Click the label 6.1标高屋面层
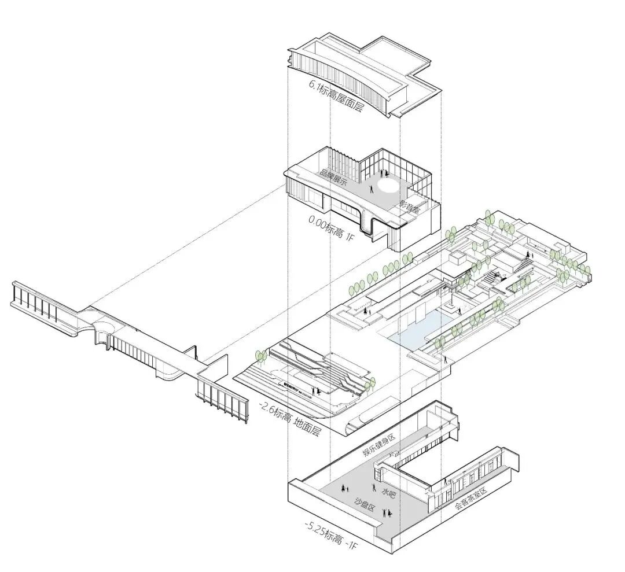point(336,95)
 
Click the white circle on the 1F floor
point(388,185)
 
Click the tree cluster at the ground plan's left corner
point(261,357)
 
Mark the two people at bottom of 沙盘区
point(387,512)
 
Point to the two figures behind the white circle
point(384,172)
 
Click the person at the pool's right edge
point(445,360)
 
